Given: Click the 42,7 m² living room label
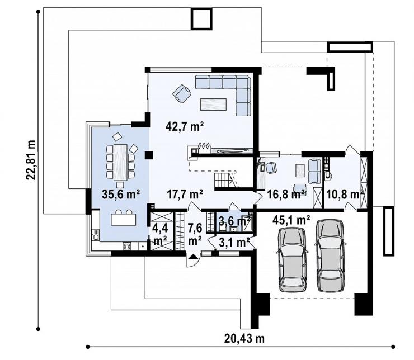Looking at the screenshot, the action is [x=185, y=126].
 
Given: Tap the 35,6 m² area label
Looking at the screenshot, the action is [x=121, y=195].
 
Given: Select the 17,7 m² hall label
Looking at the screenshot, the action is [x=185, y=195].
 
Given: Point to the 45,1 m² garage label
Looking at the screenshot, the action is [x=291, y=220].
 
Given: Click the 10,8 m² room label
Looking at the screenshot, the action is [x=345, y=195].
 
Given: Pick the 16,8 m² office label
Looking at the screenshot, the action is [x=286, y=195].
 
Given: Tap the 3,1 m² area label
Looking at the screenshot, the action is [x=234, y=242].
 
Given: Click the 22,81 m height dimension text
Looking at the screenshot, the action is [x=31, y=159].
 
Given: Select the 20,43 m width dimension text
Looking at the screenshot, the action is [x=244, y=338].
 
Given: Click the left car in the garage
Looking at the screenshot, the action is [x=292, y=259].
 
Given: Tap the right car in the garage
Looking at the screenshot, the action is [x=330, y=255].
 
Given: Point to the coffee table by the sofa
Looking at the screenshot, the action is [x=213, y=104].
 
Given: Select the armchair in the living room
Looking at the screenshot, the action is [x=182, y=93].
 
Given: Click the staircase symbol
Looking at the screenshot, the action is [x=225, y=180].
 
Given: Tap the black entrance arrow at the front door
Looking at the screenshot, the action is [x=194, y=257].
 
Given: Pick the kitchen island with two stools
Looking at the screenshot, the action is [x=124, y=218].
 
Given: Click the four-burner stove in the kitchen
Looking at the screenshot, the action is [x=127, y=247].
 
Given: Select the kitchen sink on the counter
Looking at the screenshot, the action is [x=95, y=234].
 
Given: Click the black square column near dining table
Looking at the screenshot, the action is [x=149, y=155].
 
